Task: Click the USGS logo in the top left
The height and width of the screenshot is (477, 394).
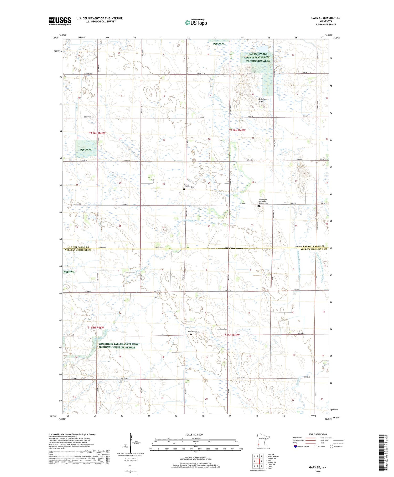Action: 60,21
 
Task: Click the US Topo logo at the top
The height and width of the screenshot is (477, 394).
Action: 196,23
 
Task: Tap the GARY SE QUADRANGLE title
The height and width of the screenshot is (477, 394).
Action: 325,18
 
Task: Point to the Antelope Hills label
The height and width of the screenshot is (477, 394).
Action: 262,101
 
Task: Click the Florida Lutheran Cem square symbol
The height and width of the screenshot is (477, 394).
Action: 184,189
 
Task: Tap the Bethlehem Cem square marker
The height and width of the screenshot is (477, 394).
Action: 191,335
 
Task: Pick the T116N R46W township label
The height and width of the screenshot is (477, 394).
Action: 97,133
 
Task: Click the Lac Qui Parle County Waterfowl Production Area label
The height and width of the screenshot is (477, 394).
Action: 258,57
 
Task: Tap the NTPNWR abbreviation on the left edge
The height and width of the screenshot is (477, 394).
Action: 69,272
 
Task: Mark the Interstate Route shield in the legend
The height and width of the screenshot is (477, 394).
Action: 295,446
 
